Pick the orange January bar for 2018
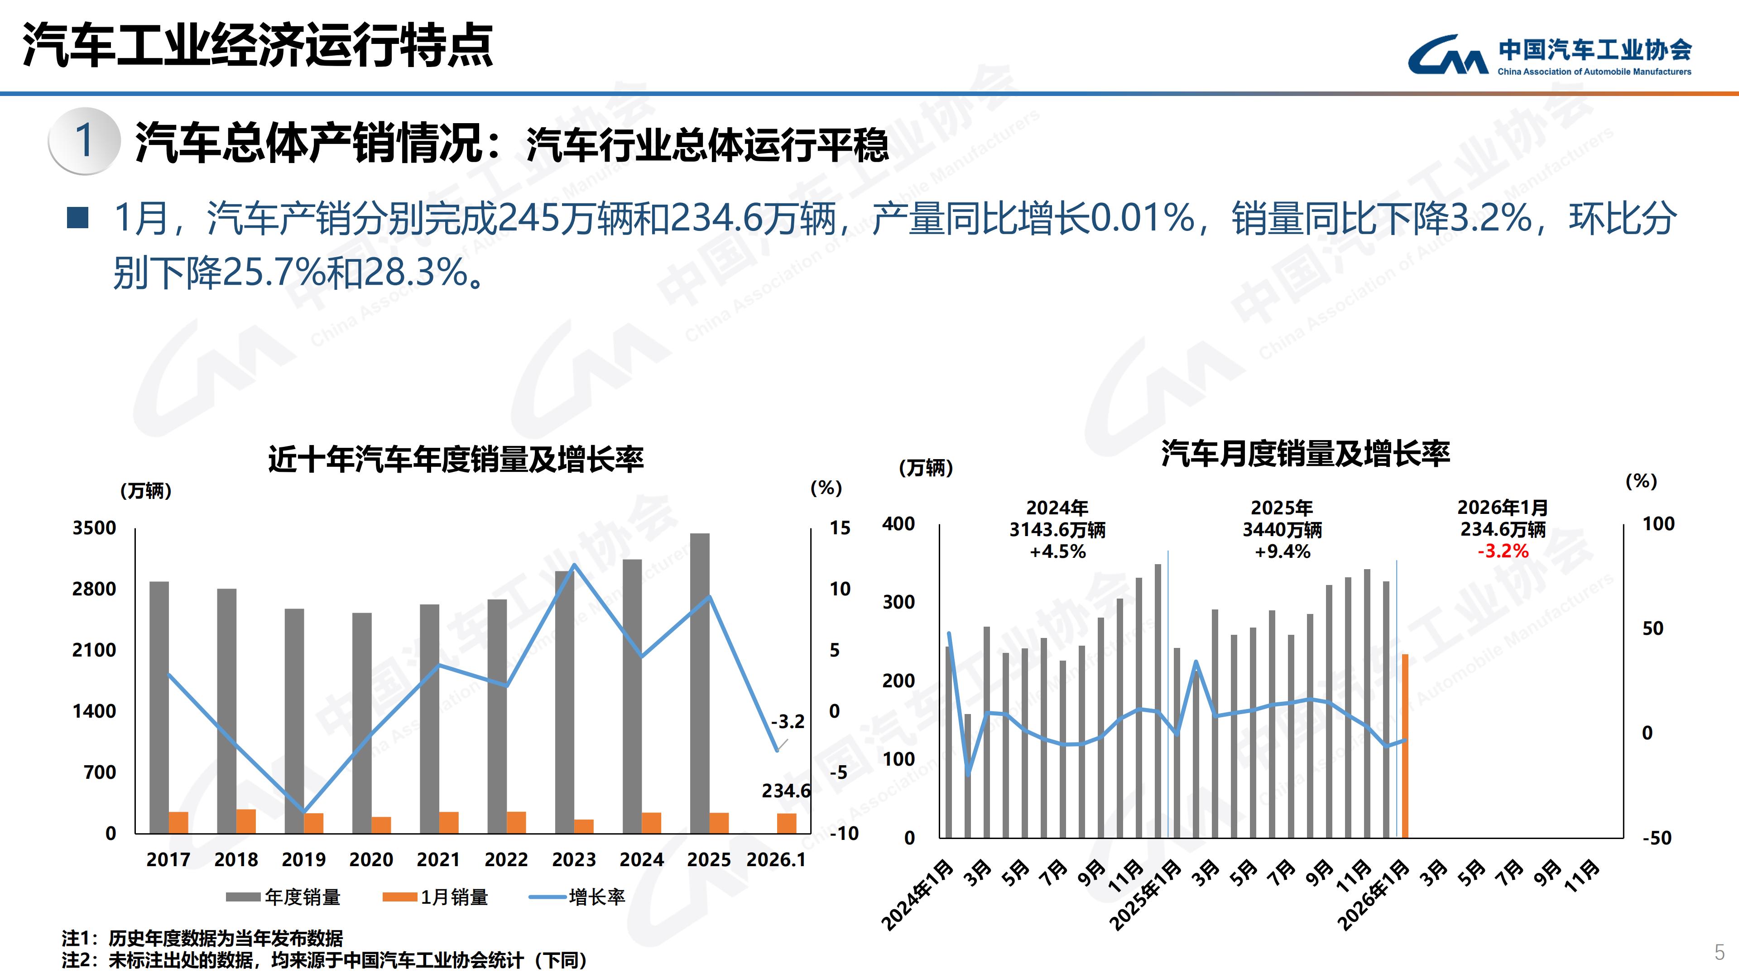click(246, 821)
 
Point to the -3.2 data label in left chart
click(787, 722)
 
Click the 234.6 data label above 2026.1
click(786, 791)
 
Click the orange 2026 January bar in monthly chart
click(1405, 745)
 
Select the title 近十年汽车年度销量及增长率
click(456, 460)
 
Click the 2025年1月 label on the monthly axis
click(1146, 894)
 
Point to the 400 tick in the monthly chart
click(898, 524)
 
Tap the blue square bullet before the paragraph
click(78, 217)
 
